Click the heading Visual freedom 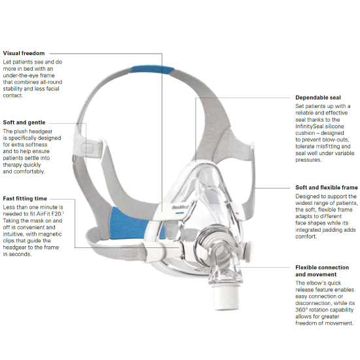(x=24, y=53)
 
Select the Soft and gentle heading (x=24, y=122)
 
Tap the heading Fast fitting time (x=25, y=198)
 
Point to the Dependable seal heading (x=318, y=98)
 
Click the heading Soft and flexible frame (x=327, y=188)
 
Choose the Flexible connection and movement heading (x=322, y=271)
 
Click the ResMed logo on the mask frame (x=180, y=207)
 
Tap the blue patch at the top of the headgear (x=152, y=70)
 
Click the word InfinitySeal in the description (x=308, y=126)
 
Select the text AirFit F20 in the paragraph (x=48, y=214)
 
